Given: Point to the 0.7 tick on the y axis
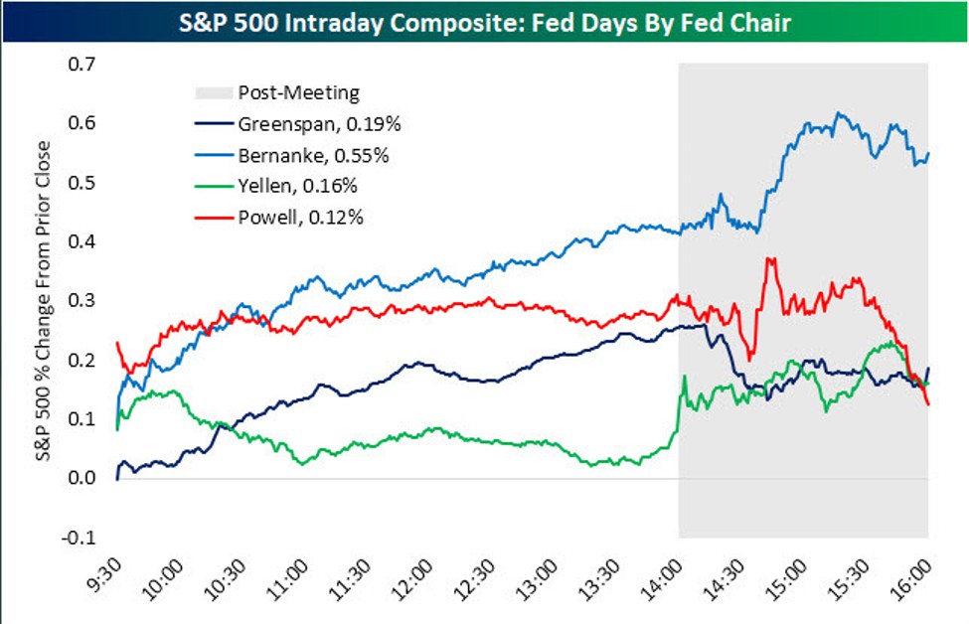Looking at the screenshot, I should click(82, 65).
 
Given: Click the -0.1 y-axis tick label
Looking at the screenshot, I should click(81, 538).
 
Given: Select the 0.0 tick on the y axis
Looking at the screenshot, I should click(82, 479).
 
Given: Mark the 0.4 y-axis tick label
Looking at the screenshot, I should click(82, 242).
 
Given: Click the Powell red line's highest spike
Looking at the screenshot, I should click(767, 259).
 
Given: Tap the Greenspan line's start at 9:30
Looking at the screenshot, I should click(117, 478).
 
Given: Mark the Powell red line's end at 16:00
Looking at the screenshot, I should click(927, 404).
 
